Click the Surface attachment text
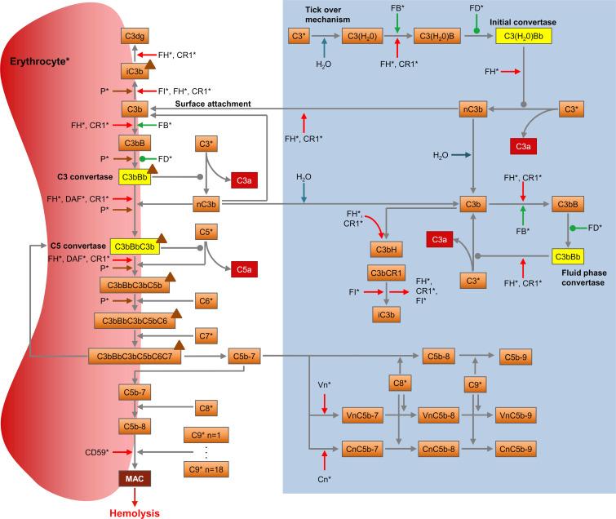pos(200,104)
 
